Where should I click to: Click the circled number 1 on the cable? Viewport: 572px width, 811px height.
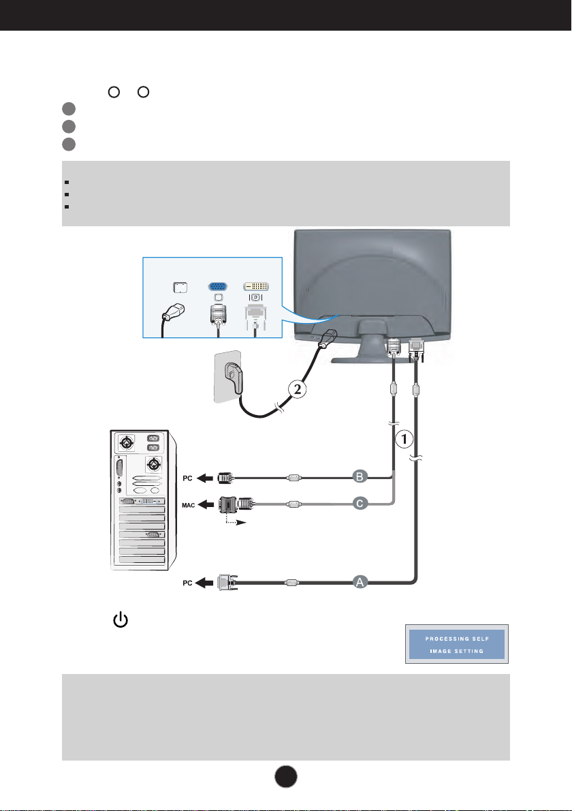pyautogui.click(x=404, y=439)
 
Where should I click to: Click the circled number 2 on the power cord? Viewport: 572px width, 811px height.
pyautogui.click(x=297, y=389)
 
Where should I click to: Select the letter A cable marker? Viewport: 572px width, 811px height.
pyautogui.click(x=360, y=583)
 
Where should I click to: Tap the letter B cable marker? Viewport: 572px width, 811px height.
pyautogui.click(x=360, y=477)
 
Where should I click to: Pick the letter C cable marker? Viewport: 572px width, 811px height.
pyautogui.click(x=360, y=503)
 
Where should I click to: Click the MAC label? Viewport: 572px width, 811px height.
pyautogui.click(x=188, y=505)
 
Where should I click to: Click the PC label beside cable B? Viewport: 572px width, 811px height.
pyautogui.click(x=187, y=478)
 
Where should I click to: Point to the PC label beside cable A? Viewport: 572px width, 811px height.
pyautogui.click(x=187, y=583)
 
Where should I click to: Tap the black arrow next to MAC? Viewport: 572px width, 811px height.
pyautogui.click(x=205, y=504)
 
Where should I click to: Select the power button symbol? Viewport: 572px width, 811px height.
pyautogui.click(x=121, y=619)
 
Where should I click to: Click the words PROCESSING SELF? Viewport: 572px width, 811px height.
pyautogui.click(x=457, y=639)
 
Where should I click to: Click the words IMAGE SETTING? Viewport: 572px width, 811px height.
pyautogui.click(x=457, y=651)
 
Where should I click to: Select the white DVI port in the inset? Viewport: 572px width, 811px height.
pyautogui.click(x=256, y=286)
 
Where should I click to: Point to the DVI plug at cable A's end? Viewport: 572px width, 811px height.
pyautogui.click(x=227, y=583)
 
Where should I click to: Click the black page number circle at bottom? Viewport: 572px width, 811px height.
pyautogui.click(x=286, y=776)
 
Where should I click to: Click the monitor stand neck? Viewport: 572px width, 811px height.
pyautogui.click(x=373, y=338)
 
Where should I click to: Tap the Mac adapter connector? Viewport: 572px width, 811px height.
pyautogui.click(x=228, y=504)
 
